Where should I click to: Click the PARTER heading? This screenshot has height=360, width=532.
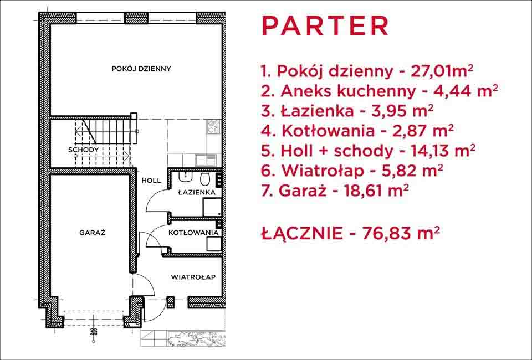tap(325, 26)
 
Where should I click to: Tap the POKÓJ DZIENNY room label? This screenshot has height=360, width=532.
tap(141, 69)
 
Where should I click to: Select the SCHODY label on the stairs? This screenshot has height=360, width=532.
tap(84, 150)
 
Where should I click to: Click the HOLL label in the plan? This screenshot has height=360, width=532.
tap(151, 181)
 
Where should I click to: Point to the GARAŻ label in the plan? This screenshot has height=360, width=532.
tap(93, 233)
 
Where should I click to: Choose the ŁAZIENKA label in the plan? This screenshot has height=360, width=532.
tap(197, 192)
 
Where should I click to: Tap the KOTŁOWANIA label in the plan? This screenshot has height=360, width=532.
tap(193, 233)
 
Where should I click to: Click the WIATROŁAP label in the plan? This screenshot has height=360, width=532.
tap(193, 277)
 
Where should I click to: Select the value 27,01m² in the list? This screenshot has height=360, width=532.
tap(442, 71)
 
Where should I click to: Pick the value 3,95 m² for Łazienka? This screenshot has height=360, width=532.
tap(402, 111)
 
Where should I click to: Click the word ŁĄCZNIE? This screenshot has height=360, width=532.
tap(302, 233)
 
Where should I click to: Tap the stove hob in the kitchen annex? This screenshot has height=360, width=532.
tap(214, 126)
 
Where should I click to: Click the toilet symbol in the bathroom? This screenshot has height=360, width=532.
tap(204, 179)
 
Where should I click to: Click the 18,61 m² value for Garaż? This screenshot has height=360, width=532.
tap(376, 191)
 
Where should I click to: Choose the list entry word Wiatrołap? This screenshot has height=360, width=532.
tap(322, 171)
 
